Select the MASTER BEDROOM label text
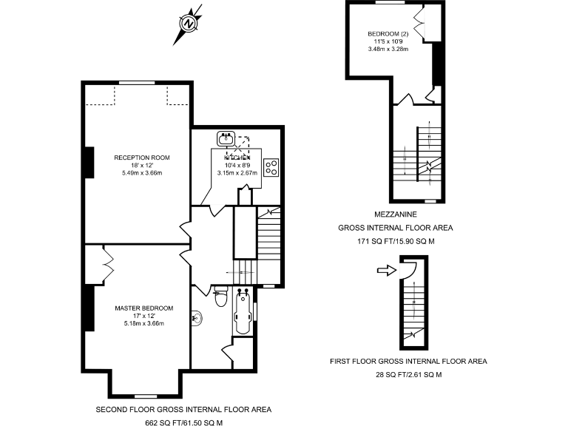(143, 308)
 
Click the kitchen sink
(226, 138)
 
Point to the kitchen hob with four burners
(271, 168)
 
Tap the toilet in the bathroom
(219, 298)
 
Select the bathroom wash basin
(196, 319)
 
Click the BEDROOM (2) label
(388, 34)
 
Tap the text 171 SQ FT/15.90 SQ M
(395, 241)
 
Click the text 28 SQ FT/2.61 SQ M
(408, 375)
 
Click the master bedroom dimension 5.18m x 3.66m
(143, 323)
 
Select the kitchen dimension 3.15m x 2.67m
(237, 173)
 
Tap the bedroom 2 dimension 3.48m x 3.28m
(388, 50)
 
